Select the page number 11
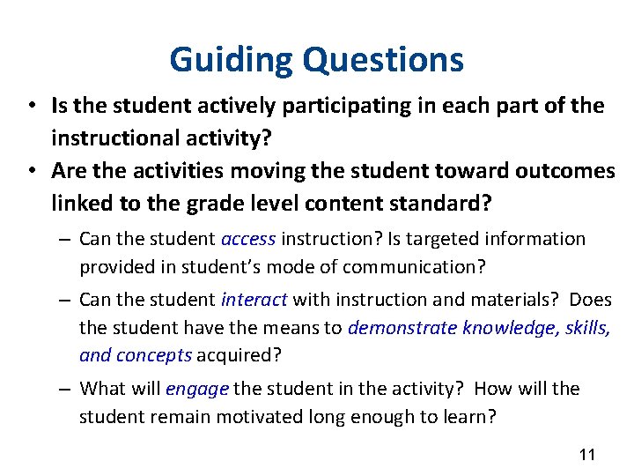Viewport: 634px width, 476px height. (587, 455)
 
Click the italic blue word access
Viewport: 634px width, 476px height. (248, 239)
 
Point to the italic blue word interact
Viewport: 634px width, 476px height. (254, 301)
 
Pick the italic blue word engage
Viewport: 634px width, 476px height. (196, 389)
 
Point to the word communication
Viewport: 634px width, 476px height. (417, 266)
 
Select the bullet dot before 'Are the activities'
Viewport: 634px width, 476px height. (31, 171)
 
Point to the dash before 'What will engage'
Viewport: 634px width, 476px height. (66, 390)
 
